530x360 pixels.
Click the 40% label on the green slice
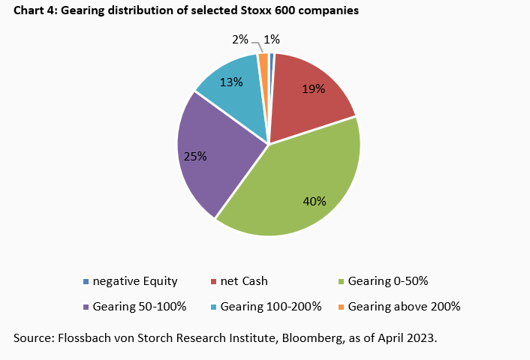[315, 201]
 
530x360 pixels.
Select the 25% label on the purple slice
[196, 156]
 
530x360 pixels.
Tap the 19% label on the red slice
[313, 89]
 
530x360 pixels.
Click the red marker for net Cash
[213, 282]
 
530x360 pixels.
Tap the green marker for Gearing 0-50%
[341, 282]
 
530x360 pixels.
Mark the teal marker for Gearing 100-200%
[213, 307]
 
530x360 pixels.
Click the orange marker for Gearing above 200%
[341, 307]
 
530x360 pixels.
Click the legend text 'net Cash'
[244, 282]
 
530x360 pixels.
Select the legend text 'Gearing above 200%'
[404, 306]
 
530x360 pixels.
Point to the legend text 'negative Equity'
[135, 282]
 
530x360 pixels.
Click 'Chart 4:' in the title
[35, 10]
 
